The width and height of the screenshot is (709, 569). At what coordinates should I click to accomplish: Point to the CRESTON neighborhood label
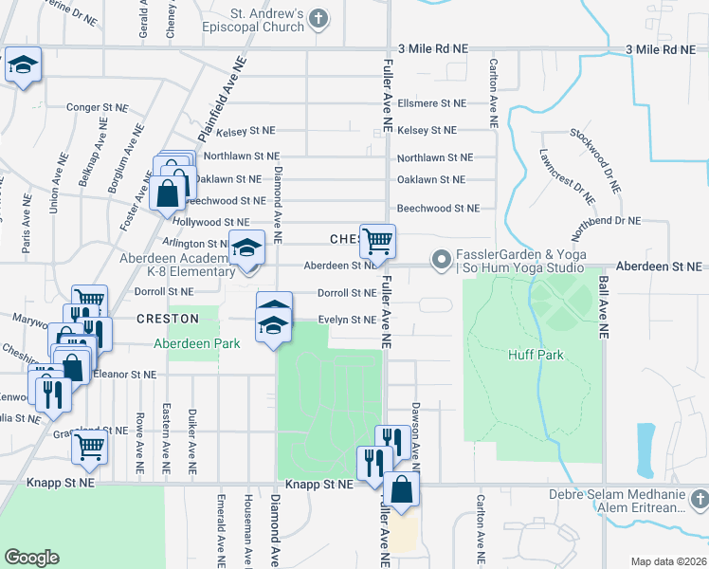167,319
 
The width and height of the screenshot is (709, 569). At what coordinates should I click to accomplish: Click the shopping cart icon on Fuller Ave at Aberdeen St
377,242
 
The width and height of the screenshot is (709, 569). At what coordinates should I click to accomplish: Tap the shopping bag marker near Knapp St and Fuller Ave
401,490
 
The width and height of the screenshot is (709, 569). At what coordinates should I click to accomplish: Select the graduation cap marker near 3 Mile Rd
23,65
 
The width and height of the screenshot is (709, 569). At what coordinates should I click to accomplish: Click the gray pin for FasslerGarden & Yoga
441,259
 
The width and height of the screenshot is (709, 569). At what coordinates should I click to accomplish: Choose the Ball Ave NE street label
601,307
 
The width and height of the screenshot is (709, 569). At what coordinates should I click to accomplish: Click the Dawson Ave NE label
415,432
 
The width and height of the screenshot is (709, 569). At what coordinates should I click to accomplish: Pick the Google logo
32,558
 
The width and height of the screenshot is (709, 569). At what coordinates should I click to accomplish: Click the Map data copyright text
668,561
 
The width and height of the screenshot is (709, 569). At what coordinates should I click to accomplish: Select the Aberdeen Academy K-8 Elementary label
176,265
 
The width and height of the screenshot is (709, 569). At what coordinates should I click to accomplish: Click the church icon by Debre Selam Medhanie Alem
699,498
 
